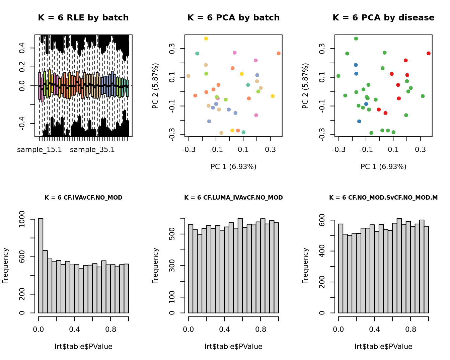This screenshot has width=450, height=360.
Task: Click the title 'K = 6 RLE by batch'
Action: [83, 18]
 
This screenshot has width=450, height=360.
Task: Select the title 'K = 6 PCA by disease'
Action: [383, 18]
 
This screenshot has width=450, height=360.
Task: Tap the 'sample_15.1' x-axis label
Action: [40, 150]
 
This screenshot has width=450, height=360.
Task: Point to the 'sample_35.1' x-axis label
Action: [92, 150]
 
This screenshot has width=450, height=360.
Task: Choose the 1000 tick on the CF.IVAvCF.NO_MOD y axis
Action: [22, 219]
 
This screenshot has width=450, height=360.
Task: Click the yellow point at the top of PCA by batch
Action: [206, 39]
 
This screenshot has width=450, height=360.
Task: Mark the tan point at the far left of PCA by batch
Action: [189, 76]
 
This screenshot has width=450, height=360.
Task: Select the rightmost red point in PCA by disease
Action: [429, 54]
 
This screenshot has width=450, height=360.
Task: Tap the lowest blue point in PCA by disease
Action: [359, 121]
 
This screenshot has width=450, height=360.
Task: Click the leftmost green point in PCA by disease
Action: [339, 76]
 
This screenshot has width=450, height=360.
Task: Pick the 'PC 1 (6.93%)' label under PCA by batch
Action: [233, 167]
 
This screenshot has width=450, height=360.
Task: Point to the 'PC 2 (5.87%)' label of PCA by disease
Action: [305, 86]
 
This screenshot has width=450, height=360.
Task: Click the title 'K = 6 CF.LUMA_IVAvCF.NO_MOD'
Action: [233, 198]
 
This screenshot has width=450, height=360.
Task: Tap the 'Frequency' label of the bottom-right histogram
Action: [305, 266]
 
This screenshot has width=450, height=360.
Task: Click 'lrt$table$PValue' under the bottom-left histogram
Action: [83, 347]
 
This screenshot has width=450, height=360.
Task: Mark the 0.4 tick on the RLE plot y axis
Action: [22, 48]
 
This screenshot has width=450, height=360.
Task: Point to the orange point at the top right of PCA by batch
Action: [279, 54]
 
